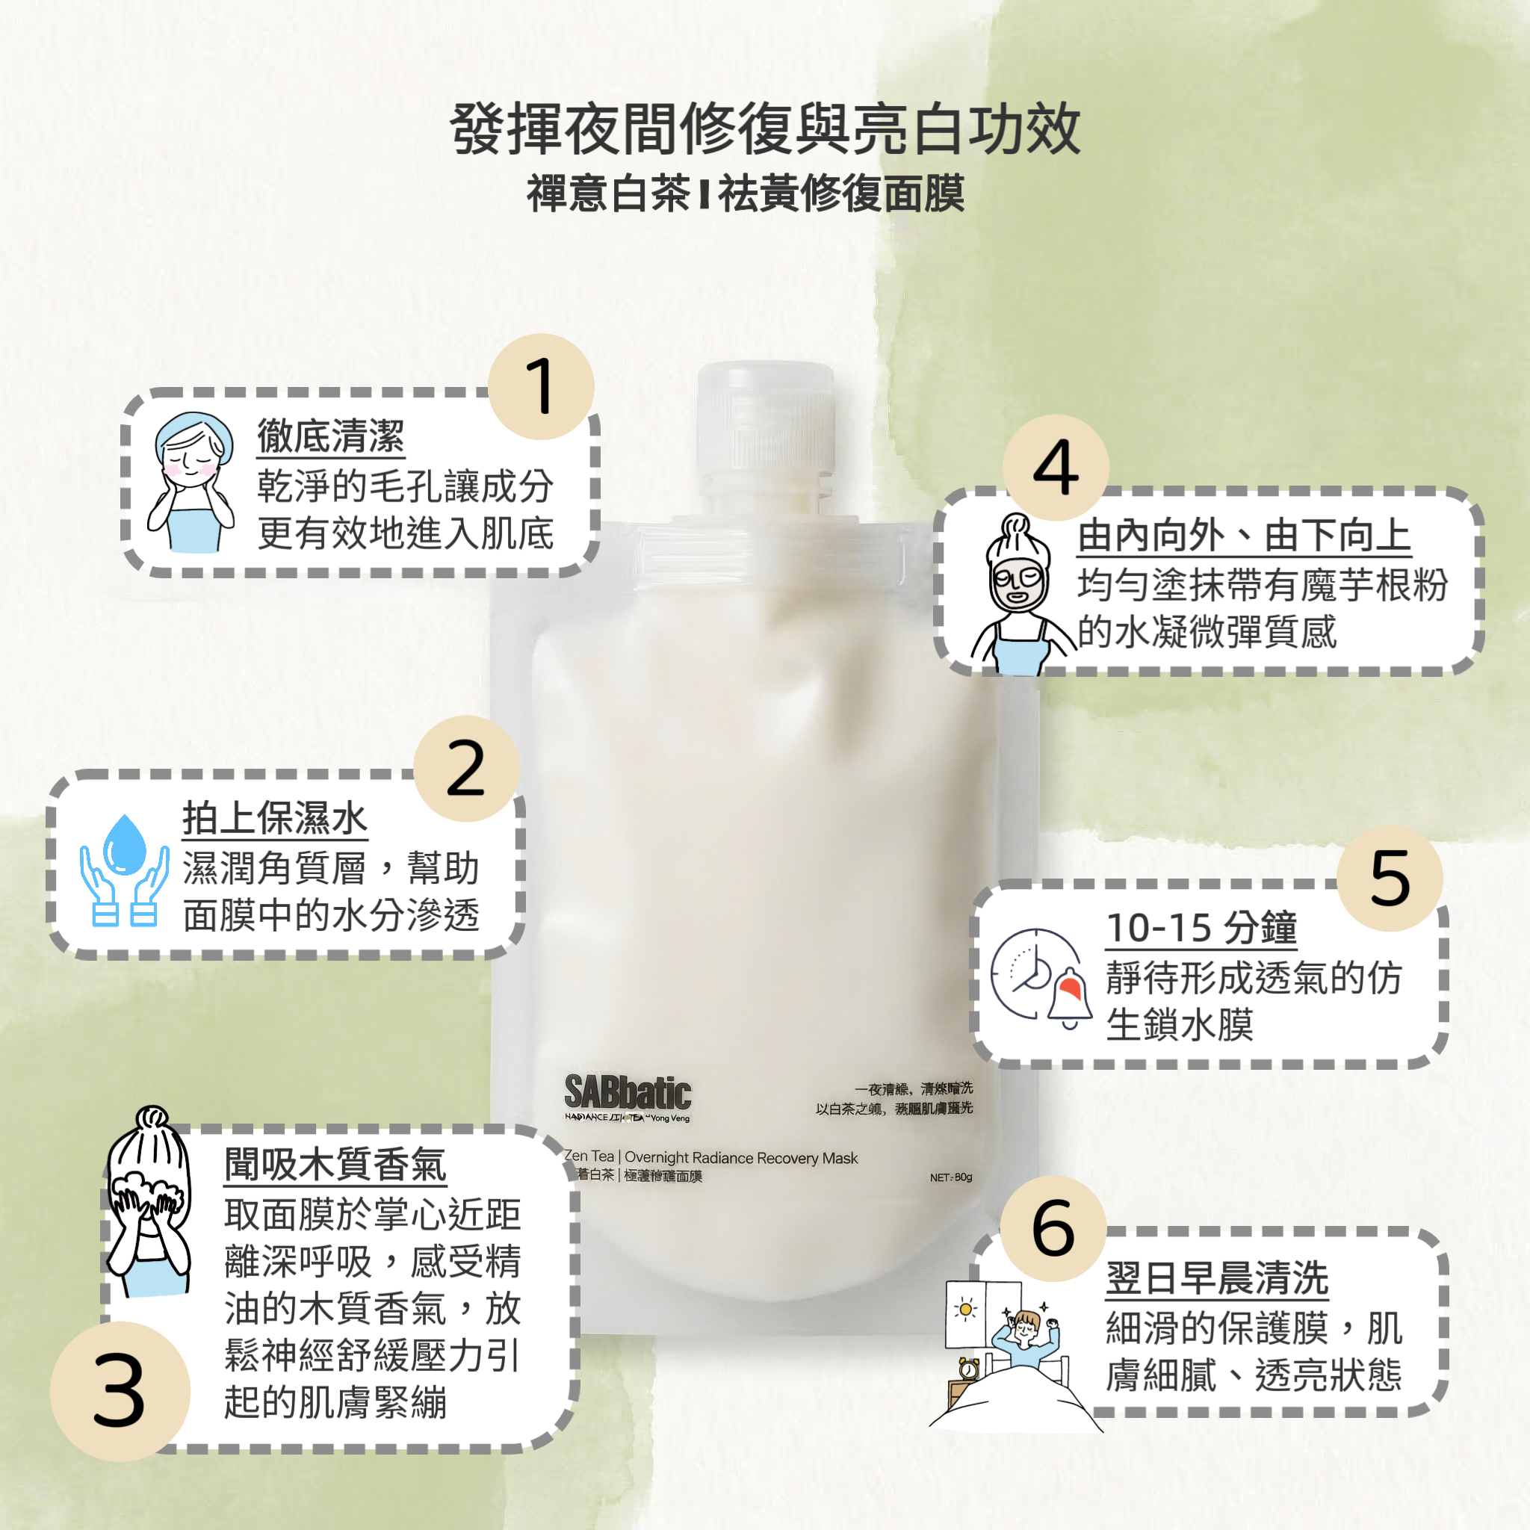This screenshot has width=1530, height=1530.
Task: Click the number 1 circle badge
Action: click(541, 386)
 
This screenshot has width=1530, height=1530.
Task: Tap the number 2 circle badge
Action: click(465, 768)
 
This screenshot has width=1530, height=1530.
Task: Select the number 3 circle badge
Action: click(120, 1390)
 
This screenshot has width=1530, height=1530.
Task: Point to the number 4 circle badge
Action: click(1056, 467)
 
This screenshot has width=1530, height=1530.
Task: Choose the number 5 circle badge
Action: click(1390, 879)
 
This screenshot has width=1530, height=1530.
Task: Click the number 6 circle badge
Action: click(1053, 1228)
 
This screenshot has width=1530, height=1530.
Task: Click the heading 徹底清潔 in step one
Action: click(331, 436)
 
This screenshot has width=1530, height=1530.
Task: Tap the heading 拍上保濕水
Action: click(275, 818)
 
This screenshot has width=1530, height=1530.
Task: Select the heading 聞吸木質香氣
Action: click(335, 1164)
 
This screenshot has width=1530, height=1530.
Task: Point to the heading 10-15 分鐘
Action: click(1201, 927)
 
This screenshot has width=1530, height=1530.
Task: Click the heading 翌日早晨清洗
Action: click(1216, 1277)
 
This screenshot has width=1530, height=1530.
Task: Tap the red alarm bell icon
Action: click(1070, 995)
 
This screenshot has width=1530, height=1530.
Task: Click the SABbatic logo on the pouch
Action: click(628, 1094)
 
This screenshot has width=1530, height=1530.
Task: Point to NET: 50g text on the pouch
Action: click(950, 1177)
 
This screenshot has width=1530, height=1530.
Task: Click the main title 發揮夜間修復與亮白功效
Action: click(765, 129)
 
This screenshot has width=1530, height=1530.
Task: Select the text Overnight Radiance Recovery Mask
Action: click(740, 1158)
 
